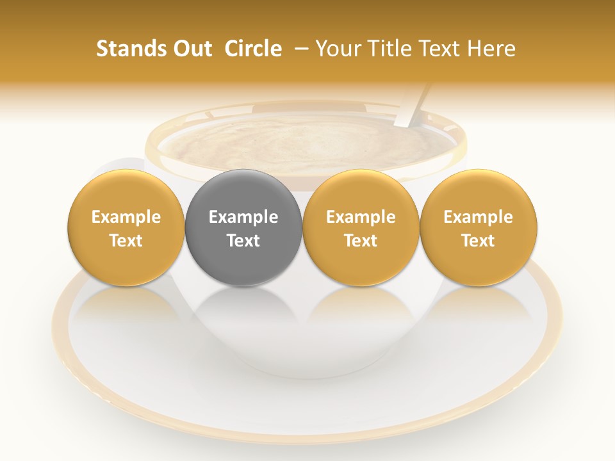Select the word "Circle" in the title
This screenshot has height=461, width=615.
coord(253,49)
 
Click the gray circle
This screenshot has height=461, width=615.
coord(243,192)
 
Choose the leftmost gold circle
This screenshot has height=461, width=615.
coord(126,192)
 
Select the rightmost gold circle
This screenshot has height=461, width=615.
coord(479,192)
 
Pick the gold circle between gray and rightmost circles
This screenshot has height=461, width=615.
coord(361,192)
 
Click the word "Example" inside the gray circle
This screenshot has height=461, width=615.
coord(243,217)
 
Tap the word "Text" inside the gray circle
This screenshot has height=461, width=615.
coord(243,241)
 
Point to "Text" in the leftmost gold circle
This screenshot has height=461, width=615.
coord(126,241)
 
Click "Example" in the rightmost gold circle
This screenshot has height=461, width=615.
coord(479,217)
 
